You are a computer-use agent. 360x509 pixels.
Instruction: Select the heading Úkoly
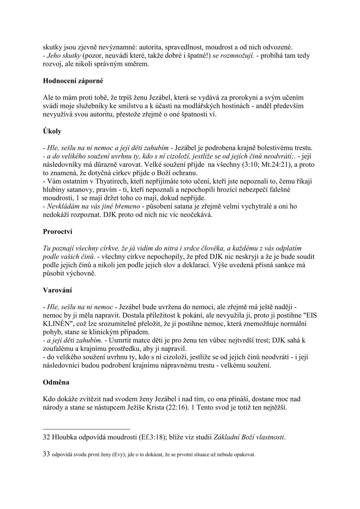click(52, 131)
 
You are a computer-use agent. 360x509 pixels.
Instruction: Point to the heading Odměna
click(56, 382)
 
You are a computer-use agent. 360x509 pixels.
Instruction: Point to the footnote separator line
click(87, 429)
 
